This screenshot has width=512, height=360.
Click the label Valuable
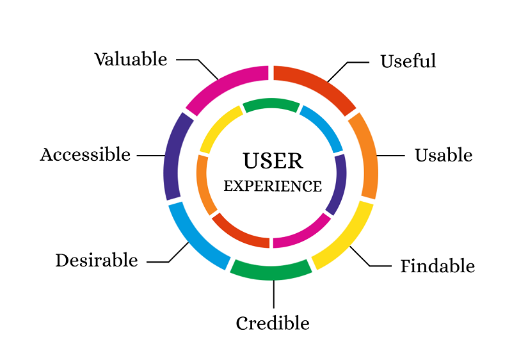click(131, 60)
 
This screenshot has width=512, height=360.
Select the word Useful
click(408, 61)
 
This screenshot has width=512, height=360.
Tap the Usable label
click(443, 156)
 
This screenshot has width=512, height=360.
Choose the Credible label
click(273, 323)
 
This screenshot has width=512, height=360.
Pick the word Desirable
click(97, 261)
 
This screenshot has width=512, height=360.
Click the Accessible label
click(85, 155)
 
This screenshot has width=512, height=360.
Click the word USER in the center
click(273, 161)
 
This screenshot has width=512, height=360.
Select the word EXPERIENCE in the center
click(273, 186)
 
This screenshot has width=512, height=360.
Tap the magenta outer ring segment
click(224, 83)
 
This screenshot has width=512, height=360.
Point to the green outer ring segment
click(271, 270)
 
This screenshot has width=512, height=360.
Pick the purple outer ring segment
click(172, 157)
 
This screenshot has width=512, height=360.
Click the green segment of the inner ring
click(271, 104)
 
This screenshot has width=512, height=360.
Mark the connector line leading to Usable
click(391, 156)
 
